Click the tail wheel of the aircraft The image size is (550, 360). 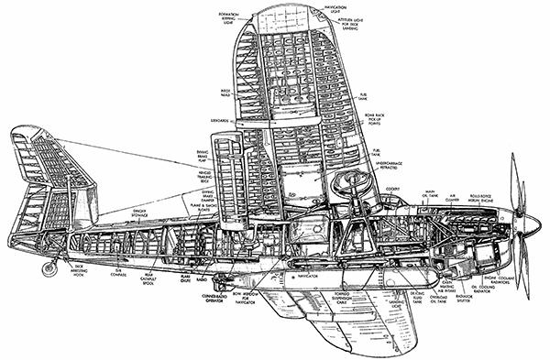pyautogui.click(x=49, y=268)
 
